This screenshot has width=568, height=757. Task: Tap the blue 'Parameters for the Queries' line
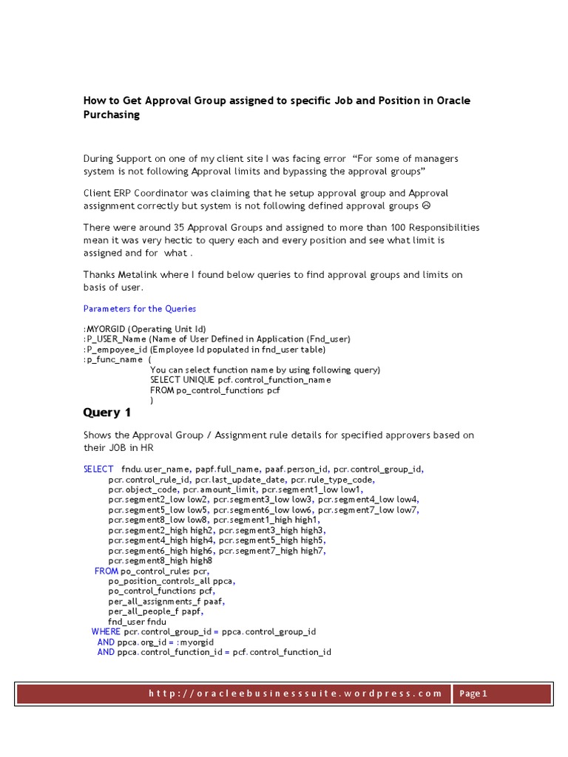click(x=140, y=308)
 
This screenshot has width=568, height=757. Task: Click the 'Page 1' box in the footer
click(x=473, y=693)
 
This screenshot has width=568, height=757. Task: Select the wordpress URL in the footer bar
click(x=295, y=693)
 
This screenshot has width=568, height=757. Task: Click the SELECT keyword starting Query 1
click(x=98, y=469)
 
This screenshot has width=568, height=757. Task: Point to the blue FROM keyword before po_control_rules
click(x=106, y=571)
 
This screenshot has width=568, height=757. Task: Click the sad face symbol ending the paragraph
click(x=442, y=206)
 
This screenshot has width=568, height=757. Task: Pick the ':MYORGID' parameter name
click(x=105, y=328)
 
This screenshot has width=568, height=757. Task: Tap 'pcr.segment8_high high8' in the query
click(x=160, y=560)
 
